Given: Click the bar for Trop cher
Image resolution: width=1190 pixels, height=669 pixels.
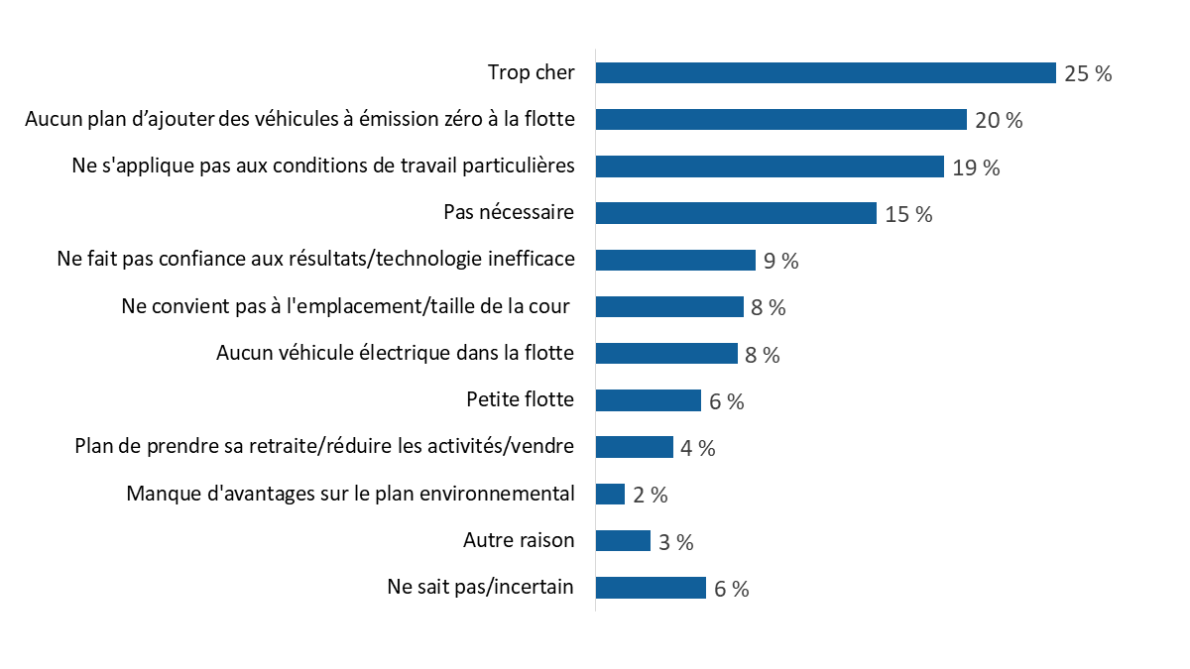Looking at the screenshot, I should pos(825,73).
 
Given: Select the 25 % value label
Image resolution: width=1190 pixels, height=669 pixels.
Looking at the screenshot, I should pos(1088,73).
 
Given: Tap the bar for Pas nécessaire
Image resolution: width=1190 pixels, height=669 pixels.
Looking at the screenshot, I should pos(736,213).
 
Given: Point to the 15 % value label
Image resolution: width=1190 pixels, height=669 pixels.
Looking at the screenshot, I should pos(908,214).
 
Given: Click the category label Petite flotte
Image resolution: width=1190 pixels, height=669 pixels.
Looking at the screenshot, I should pos(520,399).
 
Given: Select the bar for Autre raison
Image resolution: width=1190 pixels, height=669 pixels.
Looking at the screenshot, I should pos(623,540).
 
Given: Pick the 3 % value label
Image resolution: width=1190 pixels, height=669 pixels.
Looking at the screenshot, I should pos(675,542).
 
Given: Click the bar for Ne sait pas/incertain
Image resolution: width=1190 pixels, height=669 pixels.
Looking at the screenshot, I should pos(651,588).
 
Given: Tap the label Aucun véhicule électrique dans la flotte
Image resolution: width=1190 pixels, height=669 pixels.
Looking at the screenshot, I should pos(395,353).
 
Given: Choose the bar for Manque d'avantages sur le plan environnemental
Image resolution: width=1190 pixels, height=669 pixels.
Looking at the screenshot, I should pos(610,494).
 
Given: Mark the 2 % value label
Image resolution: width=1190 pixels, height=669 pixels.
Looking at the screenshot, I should pos(651,496).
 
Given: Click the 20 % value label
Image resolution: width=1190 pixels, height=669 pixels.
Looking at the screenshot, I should pos(999,121).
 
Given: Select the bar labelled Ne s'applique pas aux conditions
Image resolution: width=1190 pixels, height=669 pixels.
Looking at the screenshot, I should pos(770,167).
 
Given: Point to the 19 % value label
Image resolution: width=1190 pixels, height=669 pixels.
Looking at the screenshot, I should pos(976,167).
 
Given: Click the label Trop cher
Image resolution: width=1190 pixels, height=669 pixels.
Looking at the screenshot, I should pos(531,72).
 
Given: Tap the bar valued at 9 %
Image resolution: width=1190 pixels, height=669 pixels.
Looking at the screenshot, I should pos(675,260).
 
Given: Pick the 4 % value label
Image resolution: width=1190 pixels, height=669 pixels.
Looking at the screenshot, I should pos(698,448).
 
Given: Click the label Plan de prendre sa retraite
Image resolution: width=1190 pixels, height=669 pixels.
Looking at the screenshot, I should pos(324,446).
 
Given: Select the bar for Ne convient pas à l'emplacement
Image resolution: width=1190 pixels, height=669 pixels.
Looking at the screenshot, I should pos(669,306).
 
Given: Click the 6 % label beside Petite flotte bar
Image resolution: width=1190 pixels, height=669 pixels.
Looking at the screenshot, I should pos(727,401).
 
